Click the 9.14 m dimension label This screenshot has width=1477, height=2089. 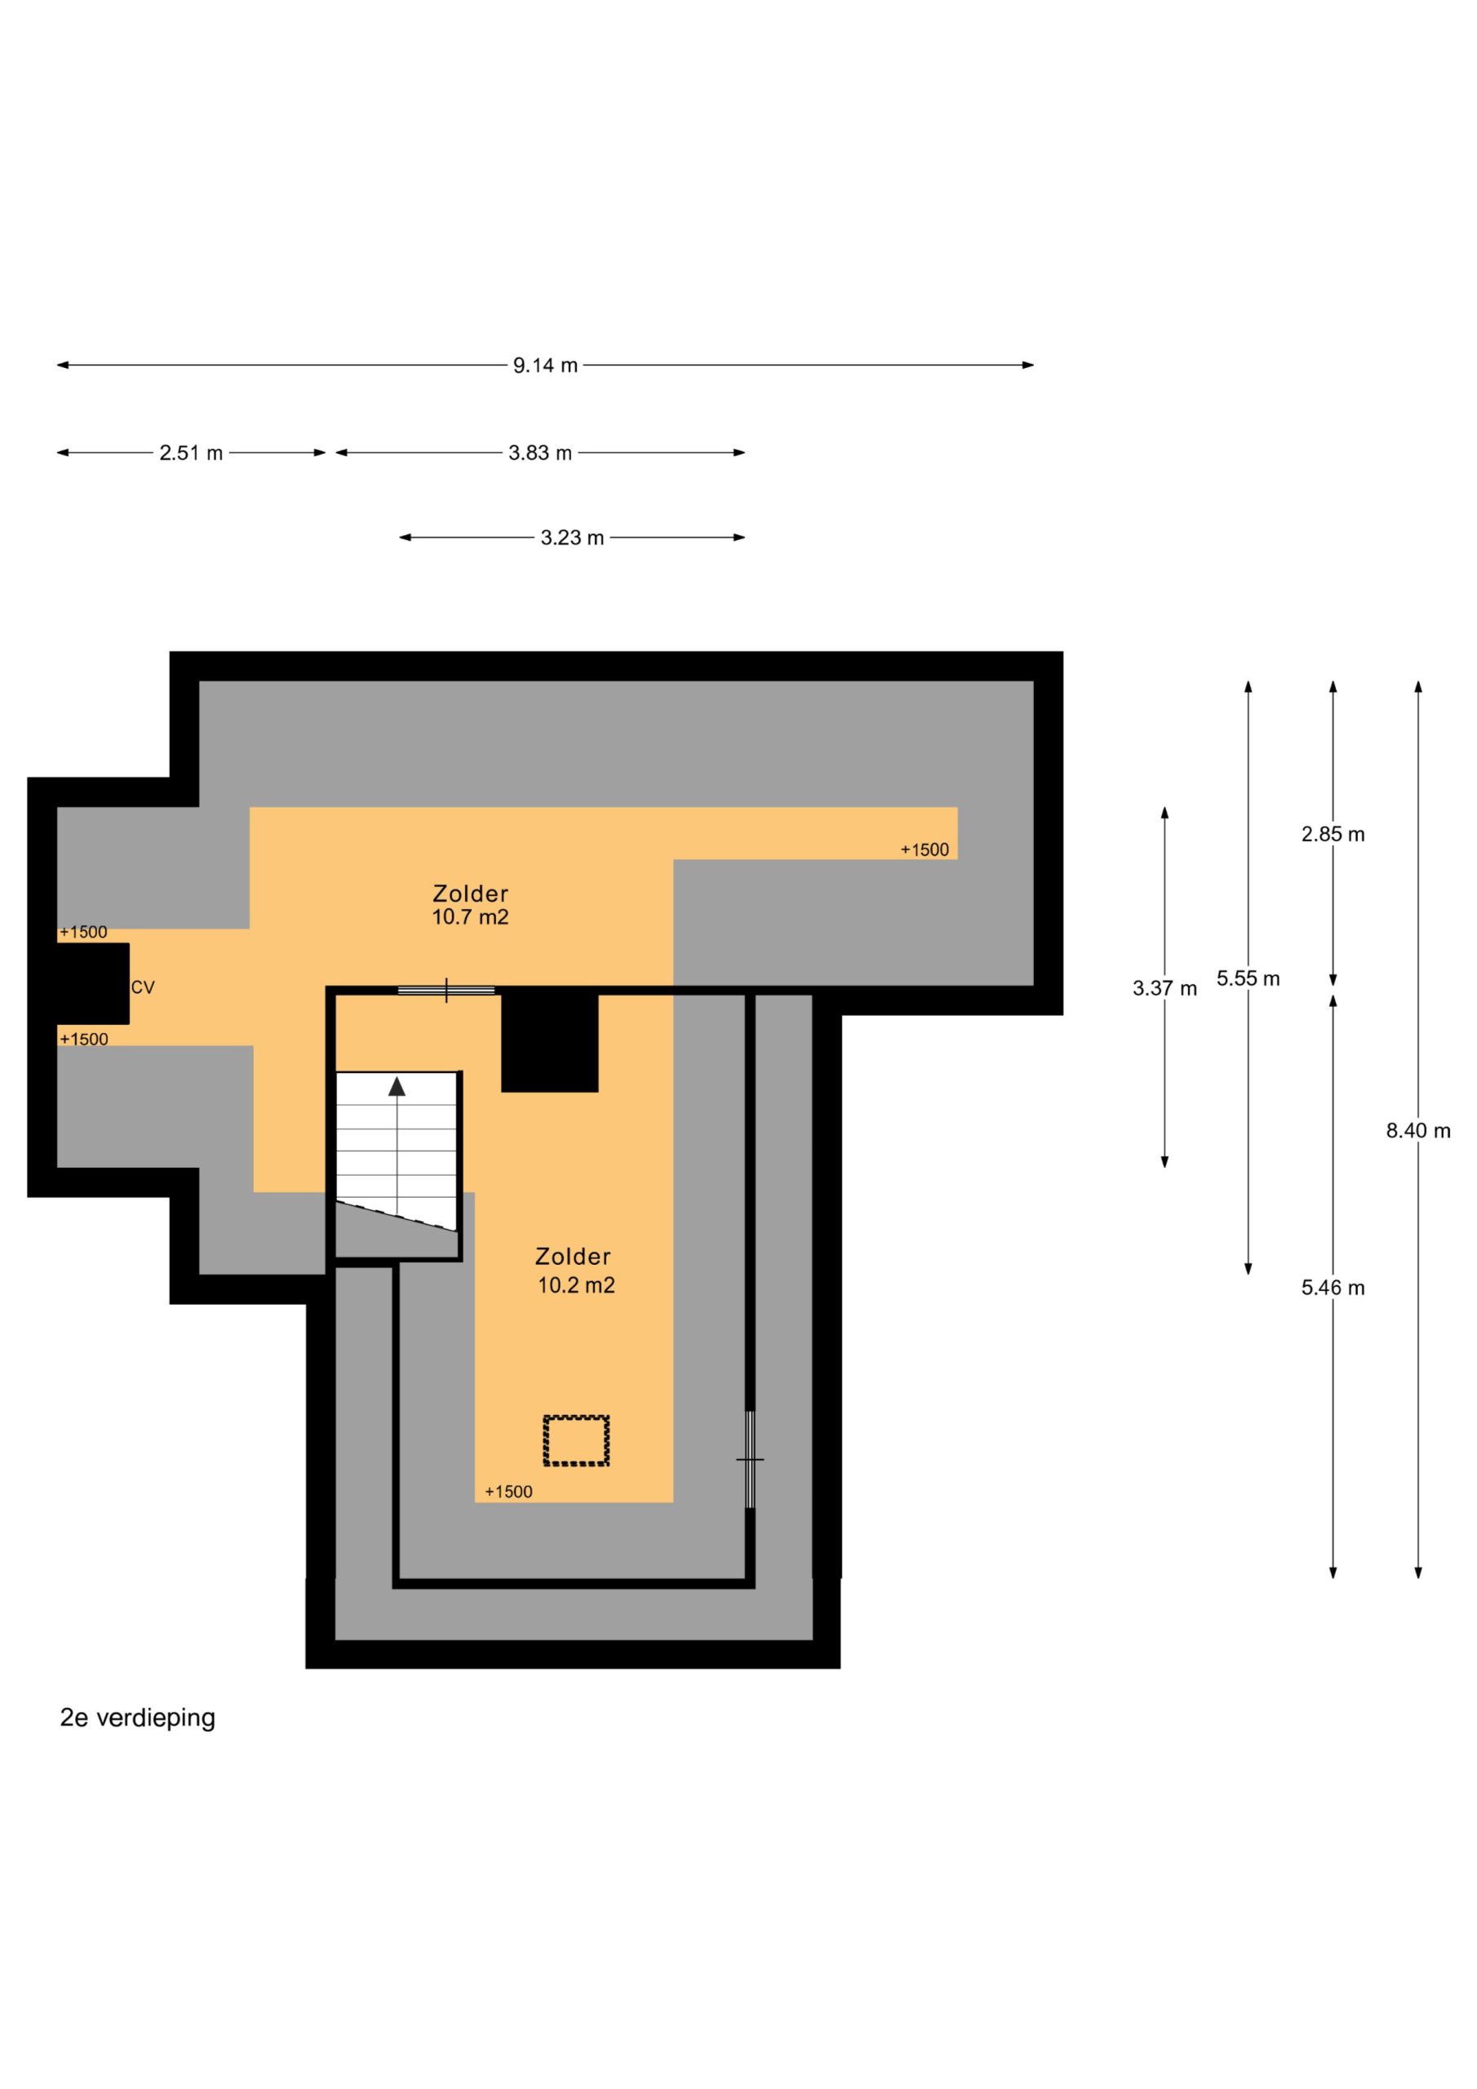pyautogui.click(x=545, y=366)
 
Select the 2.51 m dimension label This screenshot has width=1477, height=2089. pyautogui.click(x=191, y=453)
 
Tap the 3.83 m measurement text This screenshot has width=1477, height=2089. pyautogui.click(x=540, y=453)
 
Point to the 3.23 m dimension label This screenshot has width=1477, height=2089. pyautogui.click(x=572, y=538)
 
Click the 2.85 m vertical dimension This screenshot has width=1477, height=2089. pyautogui.click(x=1333, y=834)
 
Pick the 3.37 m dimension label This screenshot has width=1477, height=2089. pyautogui.click(x=1164, y=988)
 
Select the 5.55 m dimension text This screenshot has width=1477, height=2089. pyautogui.click(x=1249, y=979)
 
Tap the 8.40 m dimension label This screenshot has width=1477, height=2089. pyautogui.click(x=1418, y=1131)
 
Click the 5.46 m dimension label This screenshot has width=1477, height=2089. pyautogui.click(x=1333, y=1288)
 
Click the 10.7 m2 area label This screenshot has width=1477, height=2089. pyautogui.click(x=471, y=917)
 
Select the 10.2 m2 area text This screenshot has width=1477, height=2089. pyautogui.click(x=576, y=1285)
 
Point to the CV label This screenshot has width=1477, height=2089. pyautogui.click(x=143, y=987)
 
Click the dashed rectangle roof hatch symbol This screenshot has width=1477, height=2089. pyautogui.click(x=576, y=1440)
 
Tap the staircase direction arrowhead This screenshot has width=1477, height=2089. pyautogui.click(x=397, y=1086)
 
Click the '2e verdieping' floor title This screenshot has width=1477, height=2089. pyautogui.click(x=137, y=1718)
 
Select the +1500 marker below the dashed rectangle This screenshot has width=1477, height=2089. pyautogui.click(x=508, y=1491)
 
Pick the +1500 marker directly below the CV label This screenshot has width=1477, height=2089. pyautogui.click(x=84, y=1039)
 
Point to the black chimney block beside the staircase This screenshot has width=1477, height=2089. pyautogui.click(x=550, y=1044)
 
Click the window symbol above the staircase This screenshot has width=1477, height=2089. pyautogui.click(x=446, y=990)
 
